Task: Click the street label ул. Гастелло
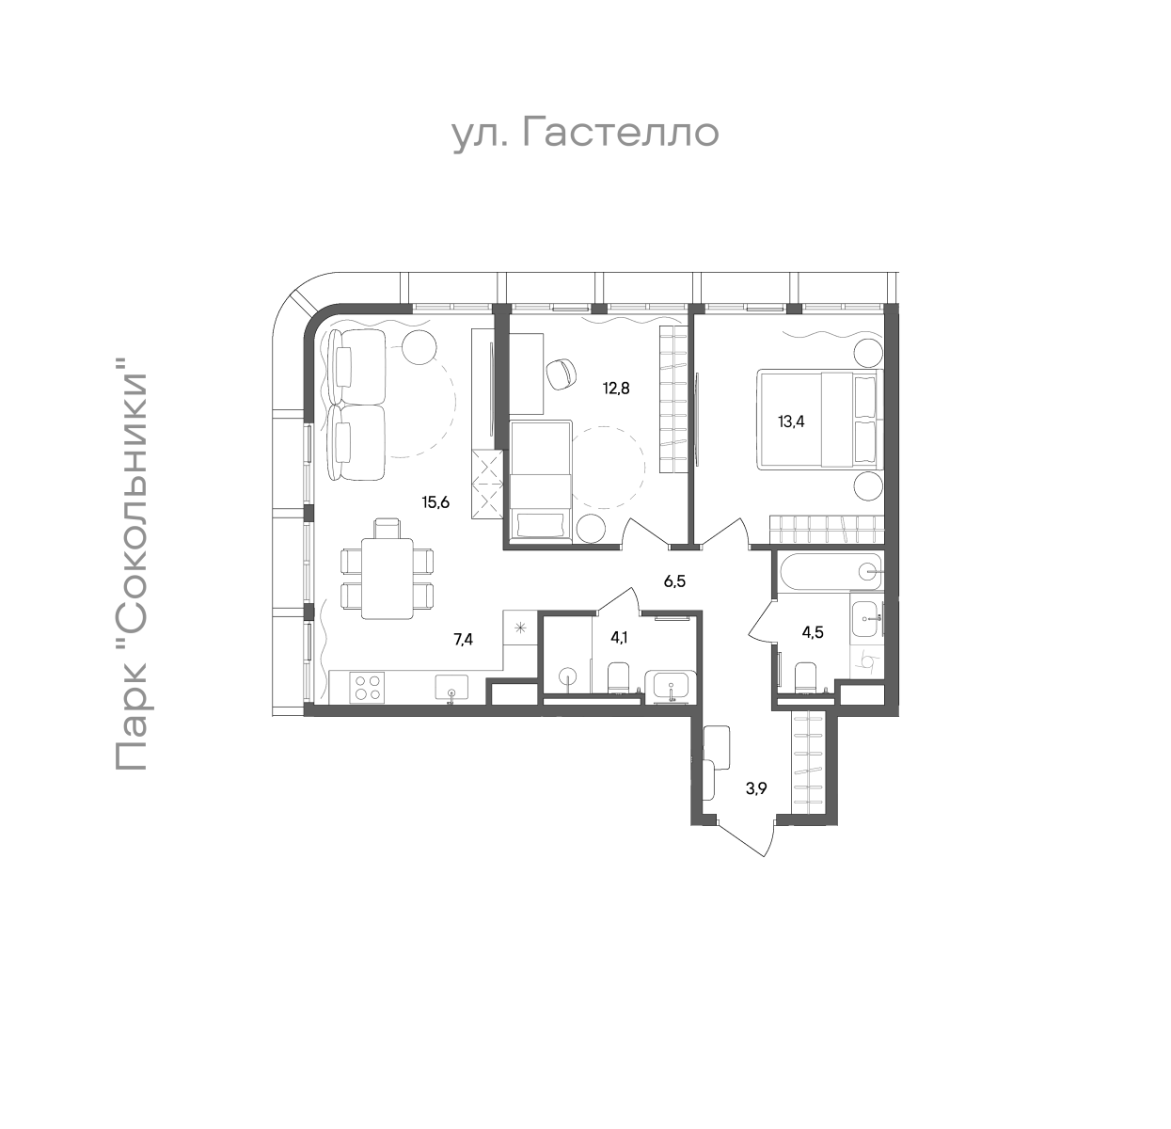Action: click(x=585, y=133)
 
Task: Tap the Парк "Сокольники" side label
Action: click(x=131, y=564)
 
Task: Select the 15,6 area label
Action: click(x=435, y=502)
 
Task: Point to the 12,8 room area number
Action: click(x=616, y=389)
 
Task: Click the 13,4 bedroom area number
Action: click(x=791, y=421)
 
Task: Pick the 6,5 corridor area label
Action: click(x=674, y=581)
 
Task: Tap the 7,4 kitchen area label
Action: click(x=464, y=640)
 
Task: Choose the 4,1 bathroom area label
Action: click(x=619, y=637)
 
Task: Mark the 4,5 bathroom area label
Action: click(x=813, y=632)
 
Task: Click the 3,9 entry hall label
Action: click(x=756, y=789)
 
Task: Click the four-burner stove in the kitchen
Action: click(x=368, y=687)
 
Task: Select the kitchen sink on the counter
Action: click(x=451, y=687)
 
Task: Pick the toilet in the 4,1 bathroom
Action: click(x=619, y=678)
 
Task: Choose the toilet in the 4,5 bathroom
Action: click(x=806, y=678)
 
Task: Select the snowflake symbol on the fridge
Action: click(x=520, y=628)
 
